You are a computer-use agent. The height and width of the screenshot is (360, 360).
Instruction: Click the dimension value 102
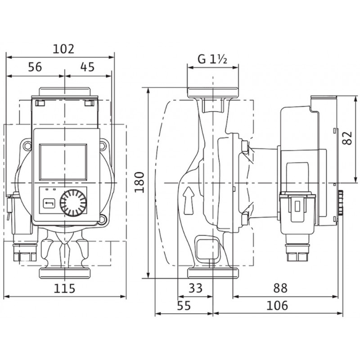coord(63,49)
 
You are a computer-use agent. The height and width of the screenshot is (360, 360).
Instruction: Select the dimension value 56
coord(35,67)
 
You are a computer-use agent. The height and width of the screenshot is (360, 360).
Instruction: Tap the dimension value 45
coord(87,67)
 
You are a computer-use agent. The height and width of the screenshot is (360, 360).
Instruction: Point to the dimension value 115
coord(64,288)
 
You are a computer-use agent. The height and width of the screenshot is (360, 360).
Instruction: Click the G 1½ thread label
coord(212,59)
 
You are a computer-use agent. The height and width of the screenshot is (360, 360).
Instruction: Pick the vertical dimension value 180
coord(139,182)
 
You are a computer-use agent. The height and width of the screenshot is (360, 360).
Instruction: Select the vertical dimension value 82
coord(347,138)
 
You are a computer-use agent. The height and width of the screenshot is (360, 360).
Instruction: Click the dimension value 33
coord(196,288)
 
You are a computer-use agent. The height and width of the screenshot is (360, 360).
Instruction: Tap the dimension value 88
coord(280,288)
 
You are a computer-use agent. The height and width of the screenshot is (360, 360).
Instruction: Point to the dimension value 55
coord(184,306)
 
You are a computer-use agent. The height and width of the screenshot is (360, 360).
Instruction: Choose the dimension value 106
coord(277,306)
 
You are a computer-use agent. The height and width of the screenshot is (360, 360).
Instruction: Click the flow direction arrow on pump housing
coord(189,201)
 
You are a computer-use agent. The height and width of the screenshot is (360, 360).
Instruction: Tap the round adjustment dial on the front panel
coord(73,203)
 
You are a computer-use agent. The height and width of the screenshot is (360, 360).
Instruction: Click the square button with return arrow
coord(49,203)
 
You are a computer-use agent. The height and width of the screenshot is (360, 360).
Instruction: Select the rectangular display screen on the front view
coord(63,162)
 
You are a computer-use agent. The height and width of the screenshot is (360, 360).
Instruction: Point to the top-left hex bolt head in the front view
coord(27,145)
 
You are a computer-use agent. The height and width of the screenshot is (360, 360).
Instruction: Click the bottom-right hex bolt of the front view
coord(102,219)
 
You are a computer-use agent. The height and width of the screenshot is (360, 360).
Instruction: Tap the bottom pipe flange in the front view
coord(65,273)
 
